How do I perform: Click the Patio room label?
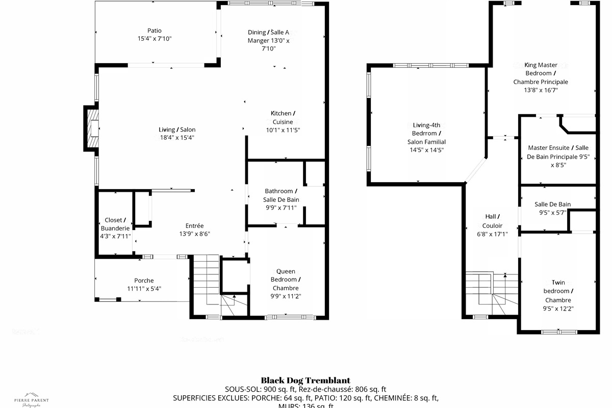coord(154,31)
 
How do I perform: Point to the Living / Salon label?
coord(177,130)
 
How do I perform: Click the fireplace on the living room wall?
coord(91,129)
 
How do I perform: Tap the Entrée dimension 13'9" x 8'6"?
coord(194,234)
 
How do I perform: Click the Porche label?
coord(144,280)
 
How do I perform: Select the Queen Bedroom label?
coord(286,279)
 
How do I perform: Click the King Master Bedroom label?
coord(541,69)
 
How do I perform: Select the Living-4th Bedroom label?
coord(426,133)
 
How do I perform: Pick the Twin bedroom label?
coord(558,291)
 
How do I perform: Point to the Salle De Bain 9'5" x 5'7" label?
coord(552,208)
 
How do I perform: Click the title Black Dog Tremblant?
coord(305,380)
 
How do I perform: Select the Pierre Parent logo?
coord(31,399)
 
